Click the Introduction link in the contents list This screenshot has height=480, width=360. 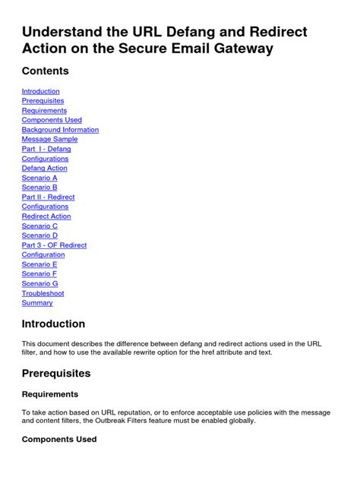pos(40,91)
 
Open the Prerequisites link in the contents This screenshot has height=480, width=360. pos(43,101)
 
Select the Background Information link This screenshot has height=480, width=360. pos(60,130)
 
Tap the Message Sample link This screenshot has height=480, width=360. pos(49,140)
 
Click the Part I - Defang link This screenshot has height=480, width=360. pos(46,149)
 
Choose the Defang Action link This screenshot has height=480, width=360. pos(44,169)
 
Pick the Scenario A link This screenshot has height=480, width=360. pos(39,178)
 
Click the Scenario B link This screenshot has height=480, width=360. pos(39,188)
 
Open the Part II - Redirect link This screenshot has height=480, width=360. pos(48,197)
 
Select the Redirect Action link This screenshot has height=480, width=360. pos(46,216)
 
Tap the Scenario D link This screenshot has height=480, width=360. pos(39,235)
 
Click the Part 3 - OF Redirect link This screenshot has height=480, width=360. pos(54,245)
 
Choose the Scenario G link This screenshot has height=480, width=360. pos(39,283)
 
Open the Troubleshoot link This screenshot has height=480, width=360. pos(43,293)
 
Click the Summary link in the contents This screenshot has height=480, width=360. pos(37,303)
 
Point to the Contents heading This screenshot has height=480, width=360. pos(45,71)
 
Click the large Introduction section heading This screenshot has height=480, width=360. pos(53,324)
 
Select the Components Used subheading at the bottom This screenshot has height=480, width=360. pos(59,439)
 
